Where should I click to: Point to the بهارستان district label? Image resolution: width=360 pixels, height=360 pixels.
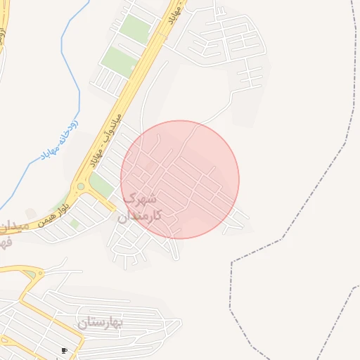point(100,322)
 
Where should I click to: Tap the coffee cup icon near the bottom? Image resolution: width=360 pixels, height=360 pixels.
point(64,350)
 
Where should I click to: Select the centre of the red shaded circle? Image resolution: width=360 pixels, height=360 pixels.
point(180,179)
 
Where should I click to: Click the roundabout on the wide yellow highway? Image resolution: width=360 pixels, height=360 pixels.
point(82,186)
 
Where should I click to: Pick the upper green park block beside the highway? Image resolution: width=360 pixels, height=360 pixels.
point(135,28)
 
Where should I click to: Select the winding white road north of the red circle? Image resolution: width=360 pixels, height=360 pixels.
point(218,112)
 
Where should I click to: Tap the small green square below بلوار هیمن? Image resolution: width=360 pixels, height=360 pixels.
point(74,224)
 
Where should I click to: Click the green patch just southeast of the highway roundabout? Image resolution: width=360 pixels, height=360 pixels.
point(101,186)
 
